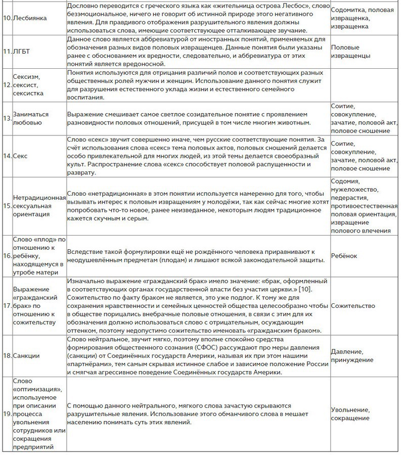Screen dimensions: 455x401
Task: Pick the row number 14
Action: pyautogui.click(x=7, y=156)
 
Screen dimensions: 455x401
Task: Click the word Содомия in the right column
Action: pyautogui.click(x=345, y=181)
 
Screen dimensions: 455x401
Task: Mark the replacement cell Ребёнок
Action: pyautogui.click(x=344, y=256)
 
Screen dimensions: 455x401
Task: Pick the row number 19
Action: pyautogui.click(x=7, y=414)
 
